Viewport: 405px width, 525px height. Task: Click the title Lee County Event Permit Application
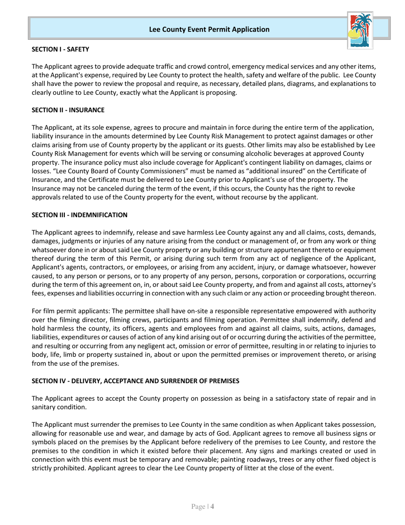(209, 29)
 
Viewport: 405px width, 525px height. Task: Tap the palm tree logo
(360, 30)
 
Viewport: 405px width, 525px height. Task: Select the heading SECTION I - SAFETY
(61, 49)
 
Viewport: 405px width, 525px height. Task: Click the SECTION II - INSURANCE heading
(68, 110)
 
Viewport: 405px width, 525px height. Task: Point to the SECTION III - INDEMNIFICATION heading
(80, 215)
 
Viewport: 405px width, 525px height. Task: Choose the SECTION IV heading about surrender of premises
(136, 381)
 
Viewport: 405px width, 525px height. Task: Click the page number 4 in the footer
(212, 507)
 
